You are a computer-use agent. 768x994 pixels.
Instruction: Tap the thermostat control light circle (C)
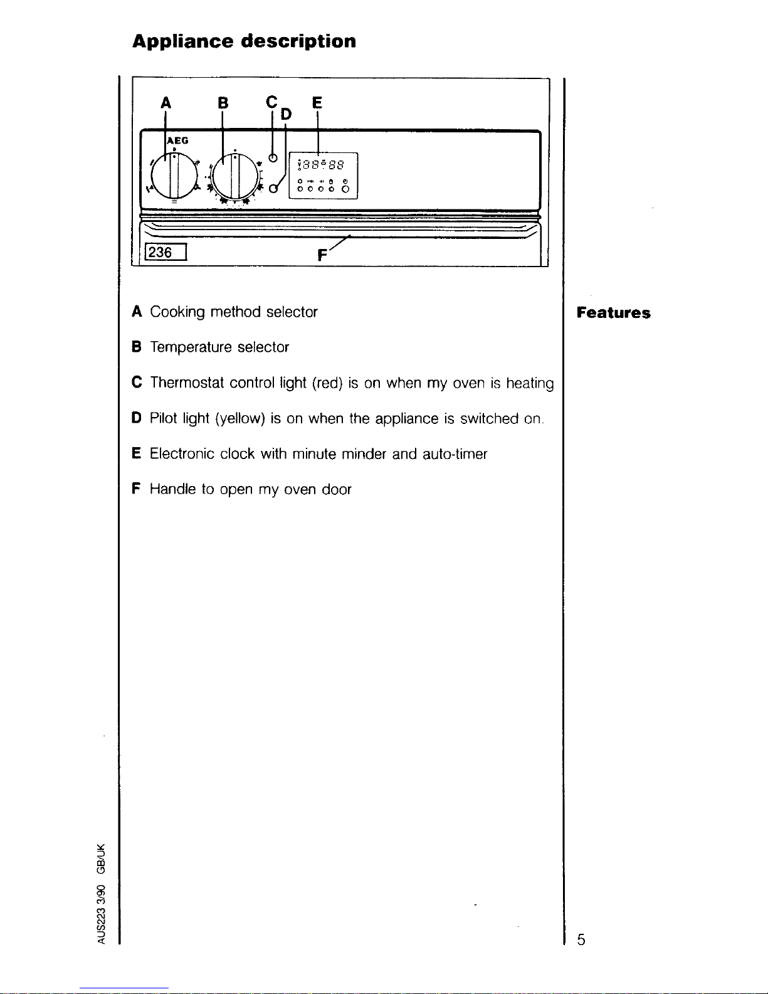(x=273, y=157)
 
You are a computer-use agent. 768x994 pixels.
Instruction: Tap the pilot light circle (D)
(x=274, y=188)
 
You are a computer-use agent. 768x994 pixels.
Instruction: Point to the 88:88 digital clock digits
(x=320, y=165)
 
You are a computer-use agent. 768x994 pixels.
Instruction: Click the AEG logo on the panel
(x=178, y=140)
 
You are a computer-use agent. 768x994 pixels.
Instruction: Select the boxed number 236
(x=161, y=252)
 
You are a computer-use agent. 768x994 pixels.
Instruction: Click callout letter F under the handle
(x=323, y=255)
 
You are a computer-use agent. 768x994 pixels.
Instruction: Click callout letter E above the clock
(x=317, y=102)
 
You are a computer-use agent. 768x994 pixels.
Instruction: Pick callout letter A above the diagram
(x=166, y=102)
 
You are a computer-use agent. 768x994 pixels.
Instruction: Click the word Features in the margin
(x=613, y=313)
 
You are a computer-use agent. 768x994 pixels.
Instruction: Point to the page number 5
(x=581, y=939)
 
